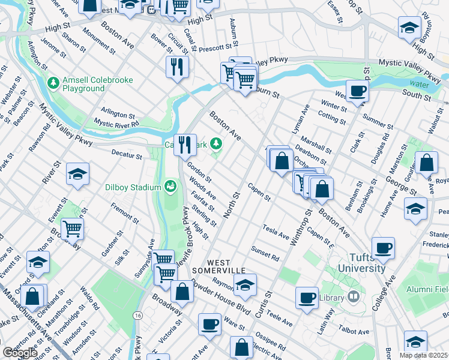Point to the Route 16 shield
pyautogui.click(x=138, y=315)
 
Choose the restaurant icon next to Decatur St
pyautogui.click(x=185, y=144)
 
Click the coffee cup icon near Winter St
pyautogui.click(x=358, y=91)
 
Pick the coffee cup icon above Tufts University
pyautogui.click(x=383, y=247)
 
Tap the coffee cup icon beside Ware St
pyautogui.click(x=209, y=324)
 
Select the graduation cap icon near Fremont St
pyautogui.click(x=77, y=174)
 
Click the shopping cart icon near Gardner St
pyautogui.click(x=72, y=228)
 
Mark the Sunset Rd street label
pyautogui.click(x=265, y=254)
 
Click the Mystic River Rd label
pyautogui.click(x=116, y=124)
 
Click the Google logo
pyautogui.click(x=20, y=353)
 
